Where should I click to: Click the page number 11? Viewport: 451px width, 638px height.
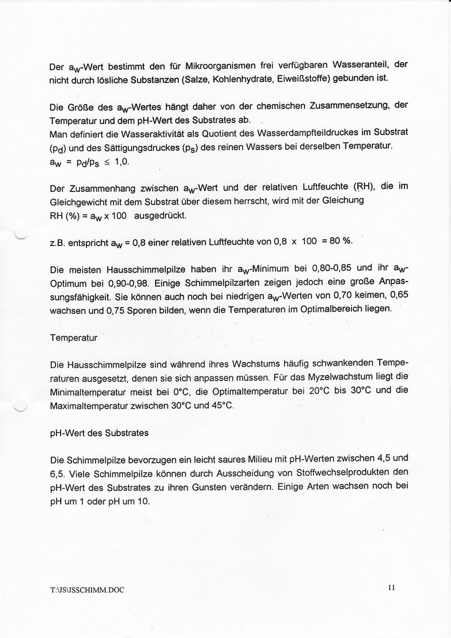click(391, 586)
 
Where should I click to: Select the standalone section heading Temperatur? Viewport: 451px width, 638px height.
click(74, 338)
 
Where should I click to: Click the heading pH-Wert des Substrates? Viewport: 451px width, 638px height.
click(98, 432)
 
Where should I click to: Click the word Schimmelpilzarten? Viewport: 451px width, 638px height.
click(234, 282)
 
